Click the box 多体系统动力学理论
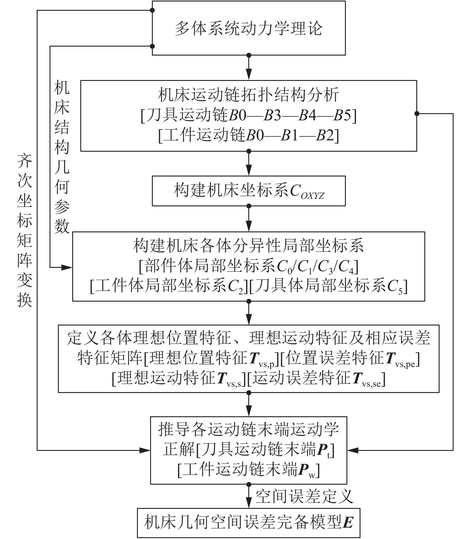tap(249, 28)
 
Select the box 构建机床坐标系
tap(249, 191)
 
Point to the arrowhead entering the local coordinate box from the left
tap(67, 267)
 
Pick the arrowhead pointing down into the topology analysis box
tap(249, 75)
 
